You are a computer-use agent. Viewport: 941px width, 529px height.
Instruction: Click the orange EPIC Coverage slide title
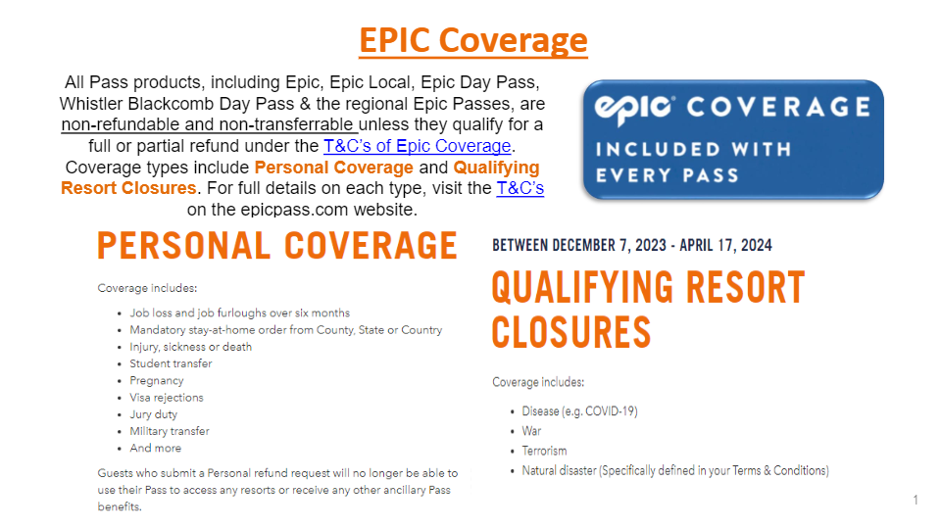coord(472,41)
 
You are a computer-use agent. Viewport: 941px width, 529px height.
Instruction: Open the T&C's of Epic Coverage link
coord(418,146)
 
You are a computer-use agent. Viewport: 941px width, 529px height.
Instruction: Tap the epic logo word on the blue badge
coord(634,109)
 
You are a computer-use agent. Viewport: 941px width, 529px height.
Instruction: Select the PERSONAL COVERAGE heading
coord(277,246)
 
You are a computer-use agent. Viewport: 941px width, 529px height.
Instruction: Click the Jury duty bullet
coord(153,414)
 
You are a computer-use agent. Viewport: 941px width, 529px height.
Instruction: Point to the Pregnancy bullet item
coord(157,380)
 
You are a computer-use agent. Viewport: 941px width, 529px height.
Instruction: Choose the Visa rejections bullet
coord(167,397)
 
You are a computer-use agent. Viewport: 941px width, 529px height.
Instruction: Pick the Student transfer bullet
coord(171,363)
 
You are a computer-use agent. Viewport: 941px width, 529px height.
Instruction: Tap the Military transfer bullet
coord(170,431)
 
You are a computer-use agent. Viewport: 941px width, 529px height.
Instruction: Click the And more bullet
coord(155,448)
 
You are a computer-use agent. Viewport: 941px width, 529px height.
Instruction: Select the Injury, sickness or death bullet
coord(191,347)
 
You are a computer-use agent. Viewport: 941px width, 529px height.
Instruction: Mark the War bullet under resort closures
coord(531,431)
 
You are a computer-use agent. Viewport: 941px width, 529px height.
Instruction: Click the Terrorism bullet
coord(544,451)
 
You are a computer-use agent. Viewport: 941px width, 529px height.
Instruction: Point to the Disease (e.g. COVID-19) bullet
coord(579,411)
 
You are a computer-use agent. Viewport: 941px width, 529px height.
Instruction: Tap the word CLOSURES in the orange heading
coord(571,332)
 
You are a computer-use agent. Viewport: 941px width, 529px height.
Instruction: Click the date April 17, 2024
coord(725,245)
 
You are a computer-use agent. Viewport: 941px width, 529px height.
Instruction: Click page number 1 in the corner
coord(916,500)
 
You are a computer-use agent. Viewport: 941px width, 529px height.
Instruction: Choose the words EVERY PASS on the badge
coord(667,175)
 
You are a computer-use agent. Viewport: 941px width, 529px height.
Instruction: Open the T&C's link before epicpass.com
coord(520,188)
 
